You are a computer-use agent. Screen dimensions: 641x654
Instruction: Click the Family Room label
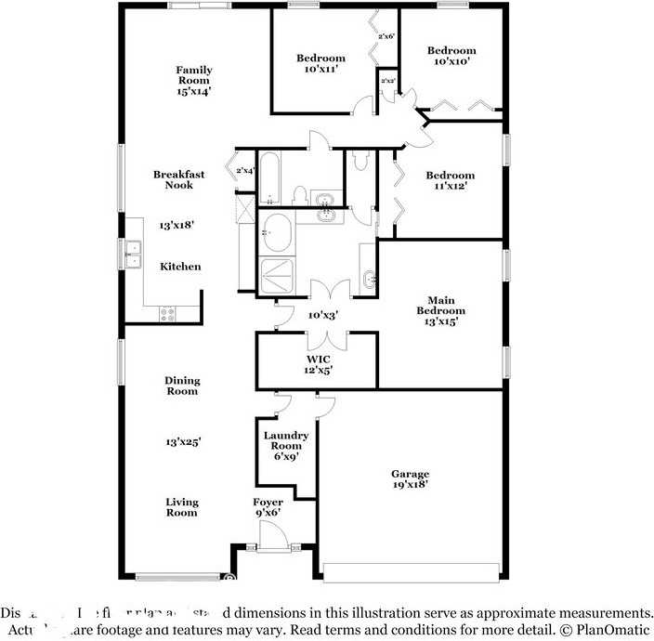click(x=195, y=81)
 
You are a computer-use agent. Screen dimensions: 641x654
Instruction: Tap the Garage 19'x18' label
click(x=410, y=479)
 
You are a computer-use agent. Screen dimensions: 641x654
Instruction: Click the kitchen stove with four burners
click(x=168, y=313)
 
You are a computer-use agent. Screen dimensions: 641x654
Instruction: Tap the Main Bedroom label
click(x=440, y=310)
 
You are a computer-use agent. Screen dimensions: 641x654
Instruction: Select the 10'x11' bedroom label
click(x=320, y=63)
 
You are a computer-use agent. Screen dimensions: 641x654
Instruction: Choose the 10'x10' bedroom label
click(x=451, y=56)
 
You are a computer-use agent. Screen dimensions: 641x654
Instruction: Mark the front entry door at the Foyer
click(x=273, y=536)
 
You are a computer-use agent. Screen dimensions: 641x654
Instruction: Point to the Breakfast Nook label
click(x=179, y=179)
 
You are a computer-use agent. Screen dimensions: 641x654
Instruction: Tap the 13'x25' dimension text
click(x=182, y=441)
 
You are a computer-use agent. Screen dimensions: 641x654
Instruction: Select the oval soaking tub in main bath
click(x=278, y=231)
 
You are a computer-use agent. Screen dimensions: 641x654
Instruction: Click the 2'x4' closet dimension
click(x=245, y=171)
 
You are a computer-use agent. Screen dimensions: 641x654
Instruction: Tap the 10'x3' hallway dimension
click(x=322, y=315)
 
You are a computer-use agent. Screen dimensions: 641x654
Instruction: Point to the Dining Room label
click(x=182, y=386)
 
